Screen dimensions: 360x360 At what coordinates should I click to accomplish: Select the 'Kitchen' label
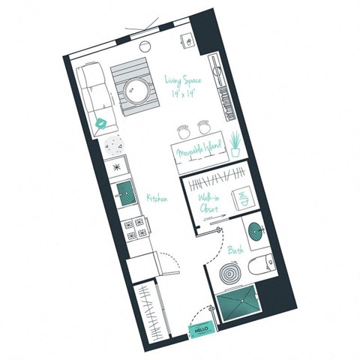pyautogui.click(x=155, y=198)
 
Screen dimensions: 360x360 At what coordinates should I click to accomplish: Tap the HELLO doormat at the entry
pyautogui.click(x=200, y=328)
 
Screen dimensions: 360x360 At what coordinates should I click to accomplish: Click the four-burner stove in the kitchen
pyautogui.click(x=135, y=228)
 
